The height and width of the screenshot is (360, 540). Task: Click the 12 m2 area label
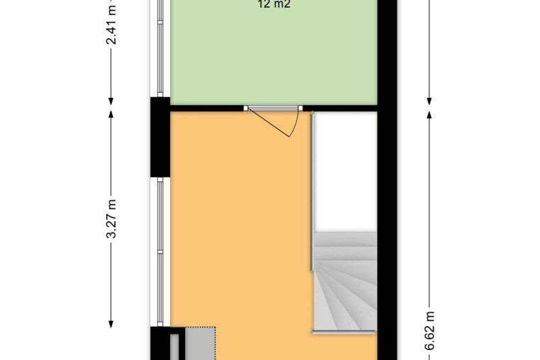pos(274,4)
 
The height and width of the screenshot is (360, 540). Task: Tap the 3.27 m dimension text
pos(111,219)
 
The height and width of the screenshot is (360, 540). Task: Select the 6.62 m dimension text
pos(429,331)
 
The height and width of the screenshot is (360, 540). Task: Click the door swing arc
pos(295,125)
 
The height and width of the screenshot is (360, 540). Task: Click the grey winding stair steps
pos(345,281)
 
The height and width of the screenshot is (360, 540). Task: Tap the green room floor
pos(274,55)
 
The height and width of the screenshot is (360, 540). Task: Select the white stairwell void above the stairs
pos(346,171)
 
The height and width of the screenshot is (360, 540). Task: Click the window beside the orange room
pos(160,252)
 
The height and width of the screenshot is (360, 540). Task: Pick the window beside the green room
pos(160,48)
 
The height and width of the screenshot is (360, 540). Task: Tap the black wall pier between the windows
pos(160,137)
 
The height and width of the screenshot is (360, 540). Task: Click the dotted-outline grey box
pos(201,343)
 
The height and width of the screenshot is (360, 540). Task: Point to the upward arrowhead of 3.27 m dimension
pos(111,114)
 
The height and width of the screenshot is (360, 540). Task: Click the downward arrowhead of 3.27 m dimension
pos(111,324)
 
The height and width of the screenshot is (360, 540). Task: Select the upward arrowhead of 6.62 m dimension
pos(429,114)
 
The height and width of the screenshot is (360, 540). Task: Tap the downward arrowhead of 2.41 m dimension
pos(111,101)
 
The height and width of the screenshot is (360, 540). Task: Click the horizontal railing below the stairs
pos(344,332)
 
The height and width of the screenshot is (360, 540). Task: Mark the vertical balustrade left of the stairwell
pos(312,191)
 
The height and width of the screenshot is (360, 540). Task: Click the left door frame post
pos(245,108)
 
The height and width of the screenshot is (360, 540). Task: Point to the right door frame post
pos(300,108)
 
